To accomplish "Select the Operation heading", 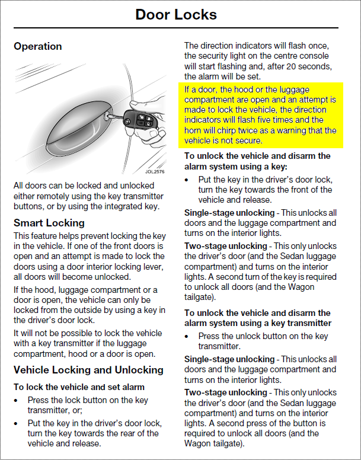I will [x=38, y=46].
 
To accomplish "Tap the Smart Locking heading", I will [x=49, y=223].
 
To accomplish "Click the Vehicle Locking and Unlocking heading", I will [x=88, y=370].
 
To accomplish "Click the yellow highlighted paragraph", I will [x=260, y=115].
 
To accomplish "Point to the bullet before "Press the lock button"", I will [x=18, y=400].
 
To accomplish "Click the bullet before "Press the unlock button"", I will [x=189, y=336].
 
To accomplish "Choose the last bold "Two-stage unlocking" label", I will [x=226, y=392].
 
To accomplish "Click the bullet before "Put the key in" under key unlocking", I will [x=189, y=180].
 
